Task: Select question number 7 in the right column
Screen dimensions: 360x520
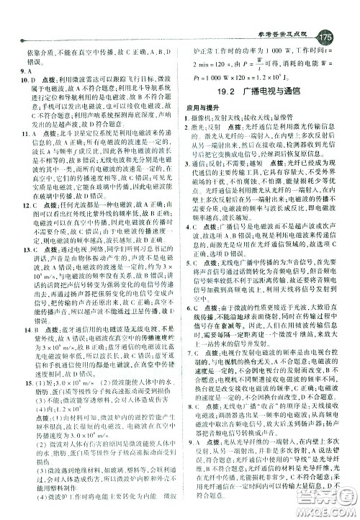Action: coord(198,373)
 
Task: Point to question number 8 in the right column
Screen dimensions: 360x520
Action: coord(198,426)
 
